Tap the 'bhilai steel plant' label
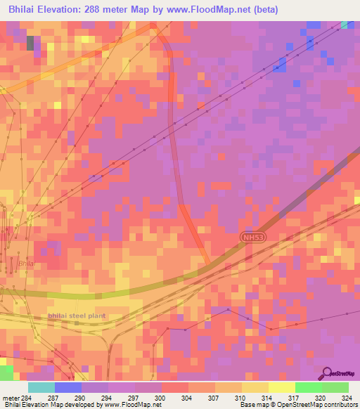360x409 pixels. coord(77,316)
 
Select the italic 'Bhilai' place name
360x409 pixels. coord(26,264)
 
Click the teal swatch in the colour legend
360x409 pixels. coord(41,388)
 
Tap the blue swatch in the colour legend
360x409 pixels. coord(68,388)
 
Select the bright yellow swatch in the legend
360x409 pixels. coord(281,388)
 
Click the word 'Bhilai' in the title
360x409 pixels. coord(21,10)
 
